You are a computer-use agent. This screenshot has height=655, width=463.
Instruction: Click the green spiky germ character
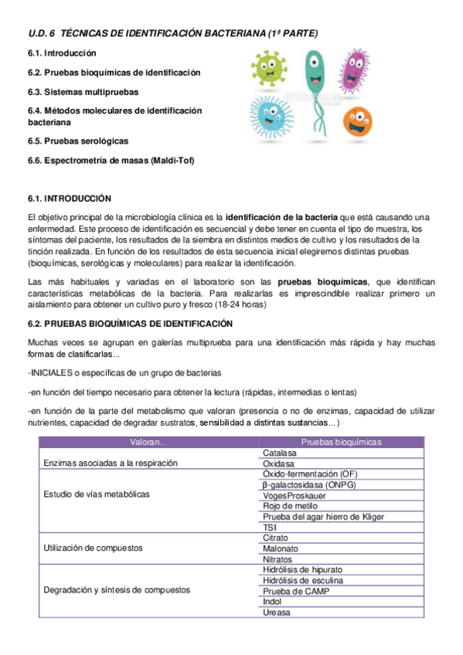(267, 69)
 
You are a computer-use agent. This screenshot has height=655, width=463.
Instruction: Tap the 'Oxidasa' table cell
(278, 463)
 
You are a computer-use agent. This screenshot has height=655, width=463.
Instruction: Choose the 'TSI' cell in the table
(270, 528)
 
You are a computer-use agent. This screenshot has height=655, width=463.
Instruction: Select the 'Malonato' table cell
(281, 548)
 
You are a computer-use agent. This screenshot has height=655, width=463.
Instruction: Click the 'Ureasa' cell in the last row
(277, 613)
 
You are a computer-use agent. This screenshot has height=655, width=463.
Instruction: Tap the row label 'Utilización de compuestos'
(94, 548)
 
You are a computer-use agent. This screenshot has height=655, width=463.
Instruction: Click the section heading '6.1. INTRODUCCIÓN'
(70, 199)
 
